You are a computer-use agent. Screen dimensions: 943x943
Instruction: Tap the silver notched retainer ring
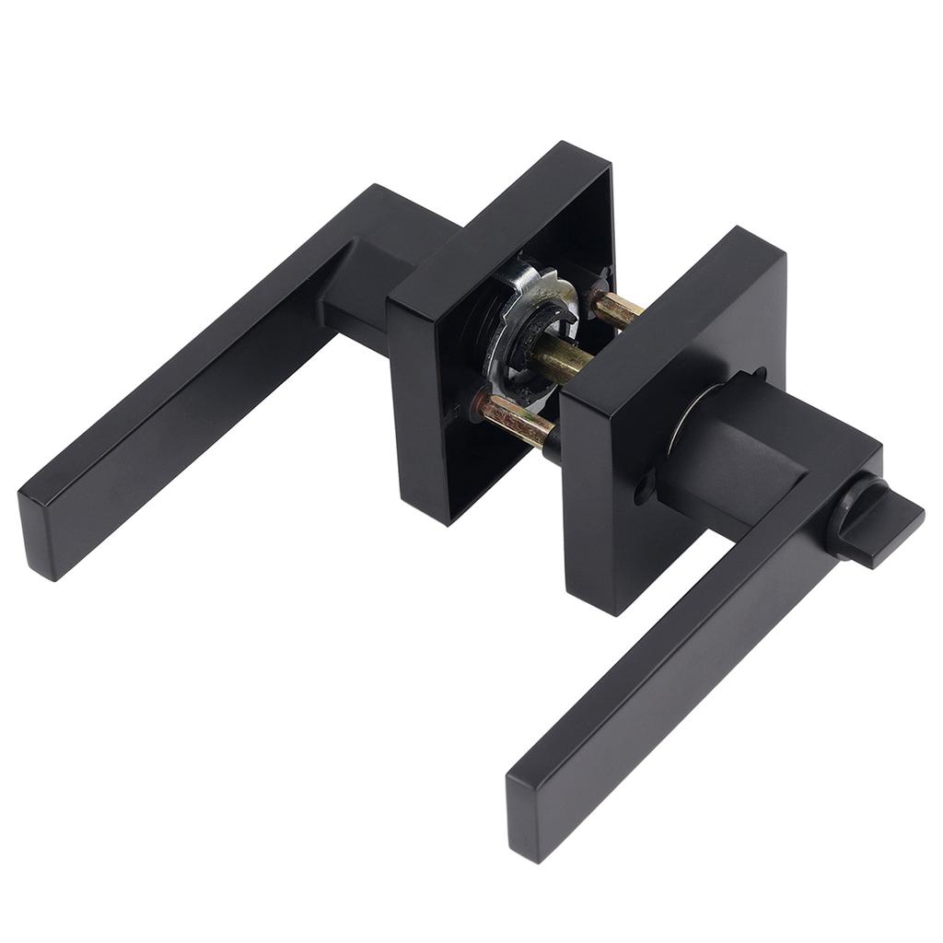click(530, 322)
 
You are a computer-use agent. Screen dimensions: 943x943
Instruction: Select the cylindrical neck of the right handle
click(728, 451)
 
